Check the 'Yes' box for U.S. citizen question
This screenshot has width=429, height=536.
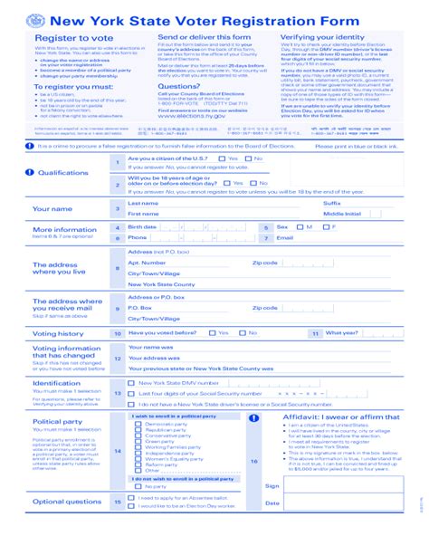[224, 159]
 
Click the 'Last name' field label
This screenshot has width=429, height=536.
[143, 203]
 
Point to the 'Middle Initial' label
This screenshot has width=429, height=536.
[340, 214]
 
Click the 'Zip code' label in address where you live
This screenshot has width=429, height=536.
[265, 263]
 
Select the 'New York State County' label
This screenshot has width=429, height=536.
[157, 283]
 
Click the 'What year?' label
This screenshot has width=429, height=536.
[341, 333]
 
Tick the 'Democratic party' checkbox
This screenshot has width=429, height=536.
[138, 424]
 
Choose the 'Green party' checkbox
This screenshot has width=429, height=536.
[138, 441]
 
